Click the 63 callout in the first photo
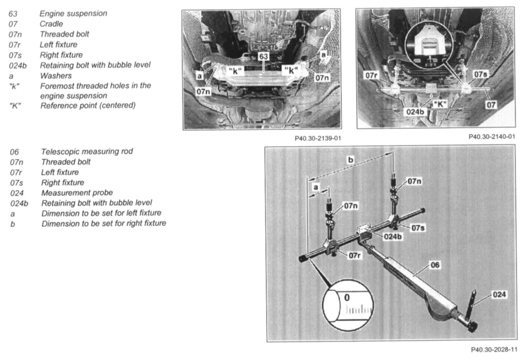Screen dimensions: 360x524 263,56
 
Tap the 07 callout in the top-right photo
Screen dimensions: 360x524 491,105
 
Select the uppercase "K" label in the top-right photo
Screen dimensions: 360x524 440,104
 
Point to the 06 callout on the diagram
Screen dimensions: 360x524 435,265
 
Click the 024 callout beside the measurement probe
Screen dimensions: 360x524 499,294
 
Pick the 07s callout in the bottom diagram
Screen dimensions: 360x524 418,228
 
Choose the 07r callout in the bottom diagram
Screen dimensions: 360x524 355,255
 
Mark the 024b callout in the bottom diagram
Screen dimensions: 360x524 393,236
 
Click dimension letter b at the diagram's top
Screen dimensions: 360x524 351,160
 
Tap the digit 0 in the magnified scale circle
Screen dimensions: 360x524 347,297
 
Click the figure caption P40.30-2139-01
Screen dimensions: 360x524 318,138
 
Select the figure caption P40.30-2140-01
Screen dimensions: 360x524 492,137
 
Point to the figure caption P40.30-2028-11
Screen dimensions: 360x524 494,350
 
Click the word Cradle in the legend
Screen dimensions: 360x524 51,24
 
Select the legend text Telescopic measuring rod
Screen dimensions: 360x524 87,151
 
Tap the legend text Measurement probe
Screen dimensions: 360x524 77,193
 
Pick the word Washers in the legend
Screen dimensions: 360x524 56,76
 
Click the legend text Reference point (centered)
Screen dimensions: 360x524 88,105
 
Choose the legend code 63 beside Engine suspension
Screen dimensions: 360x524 13,14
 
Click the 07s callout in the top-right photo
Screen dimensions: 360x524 481,74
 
